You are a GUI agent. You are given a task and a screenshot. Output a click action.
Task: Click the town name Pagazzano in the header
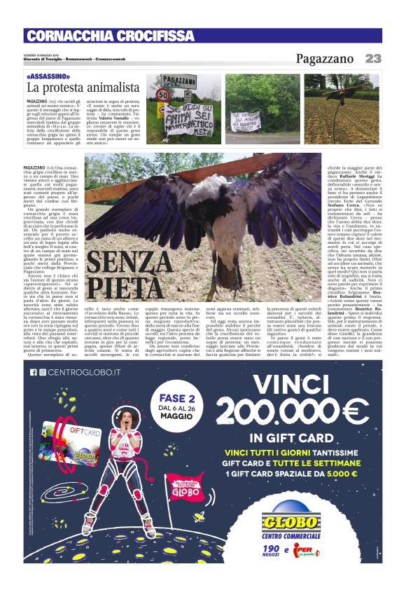click(326, 59)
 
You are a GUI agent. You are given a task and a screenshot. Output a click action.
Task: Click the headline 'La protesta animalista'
click(83, 88)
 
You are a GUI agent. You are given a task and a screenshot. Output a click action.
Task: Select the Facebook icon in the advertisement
click(33, 372)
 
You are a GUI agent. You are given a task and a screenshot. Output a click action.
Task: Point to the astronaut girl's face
click(125, 420)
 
